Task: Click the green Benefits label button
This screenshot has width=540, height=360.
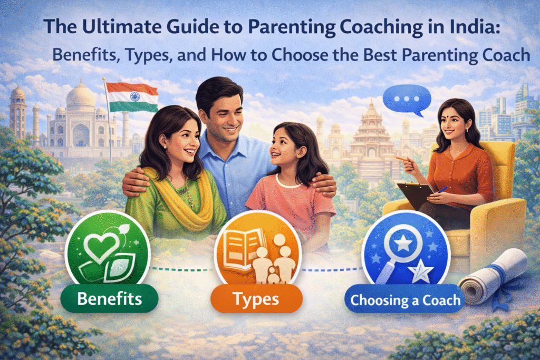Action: pyautogui.click(x=110, y=299)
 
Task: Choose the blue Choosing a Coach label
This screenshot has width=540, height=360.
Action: pyautogui.click(x=406, y=301)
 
